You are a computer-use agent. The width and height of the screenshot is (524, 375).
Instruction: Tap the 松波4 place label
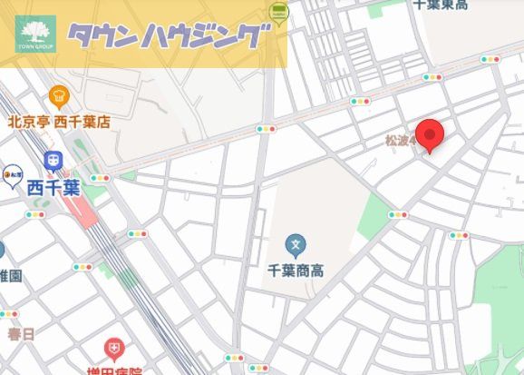[x=400, y=141]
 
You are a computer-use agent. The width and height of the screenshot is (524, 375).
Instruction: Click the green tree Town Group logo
[x=35, y=35]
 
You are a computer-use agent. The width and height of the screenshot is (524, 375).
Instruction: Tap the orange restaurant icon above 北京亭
[x=59, y=95]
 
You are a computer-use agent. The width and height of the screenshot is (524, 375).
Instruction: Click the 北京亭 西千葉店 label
[x=59, y=121]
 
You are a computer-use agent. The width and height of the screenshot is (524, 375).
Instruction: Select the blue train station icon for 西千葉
[x=53, y=162]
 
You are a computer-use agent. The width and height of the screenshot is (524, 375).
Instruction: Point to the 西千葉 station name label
[x=53, y=188]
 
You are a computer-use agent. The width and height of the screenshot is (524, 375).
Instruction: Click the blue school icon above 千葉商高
[x=294, y=243]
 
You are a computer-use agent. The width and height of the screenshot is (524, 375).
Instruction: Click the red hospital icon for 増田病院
[x=113, y=348]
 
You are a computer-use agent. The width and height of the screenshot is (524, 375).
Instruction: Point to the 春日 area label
[x=21, y=334]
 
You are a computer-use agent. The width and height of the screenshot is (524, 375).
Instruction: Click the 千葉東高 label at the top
[x=441, y=5]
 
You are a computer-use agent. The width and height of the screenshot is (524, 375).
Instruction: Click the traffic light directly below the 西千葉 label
[x=35, y=214]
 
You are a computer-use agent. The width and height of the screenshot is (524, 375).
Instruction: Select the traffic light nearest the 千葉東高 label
[x=490, y=59]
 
